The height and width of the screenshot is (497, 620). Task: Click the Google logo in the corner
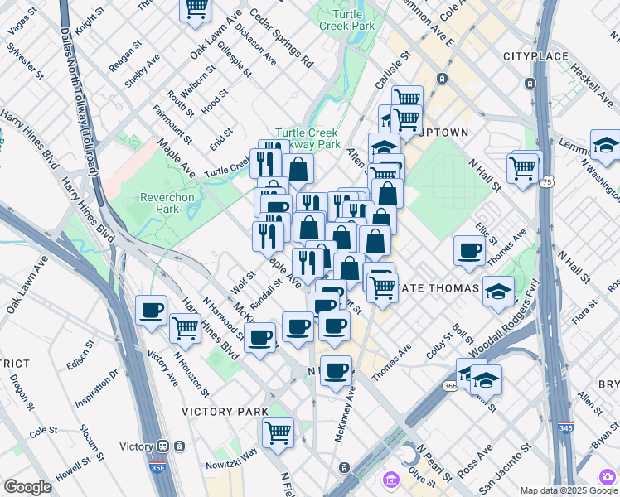click(27, 487)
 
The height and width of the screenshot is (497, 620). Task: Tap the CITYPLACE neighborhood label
click(536, 56)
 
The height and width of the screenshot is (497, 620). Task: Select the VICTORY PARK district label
click(226, 411)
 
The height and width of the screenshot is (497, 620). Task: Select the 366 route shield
click(449, 386)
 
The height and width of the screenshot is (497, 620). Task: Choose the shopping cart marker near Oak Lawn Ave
click(196, 7)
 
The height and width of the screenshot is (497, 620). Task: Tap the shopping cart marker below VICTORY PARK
click(278, 431)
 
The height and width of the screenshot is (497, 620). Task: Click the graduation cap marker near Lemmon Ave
click(605, 145)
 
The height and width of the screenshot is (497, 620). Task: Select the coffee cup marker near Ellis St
click(470, 250)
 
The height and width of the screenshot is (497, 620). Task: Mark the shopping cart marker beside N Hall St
click(523, 168)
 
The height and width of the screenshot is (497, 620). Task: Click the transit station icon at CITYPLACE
click(529, 84)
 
